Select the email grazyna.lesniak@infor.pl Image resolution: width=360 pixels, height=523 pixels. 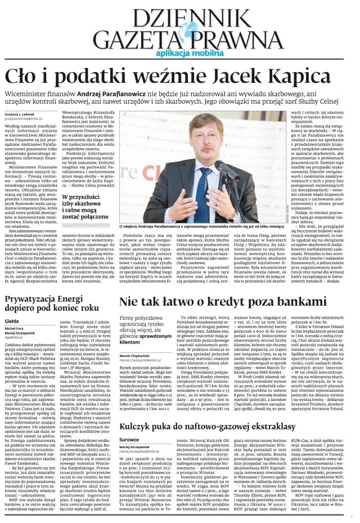(x=24, y=119)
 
